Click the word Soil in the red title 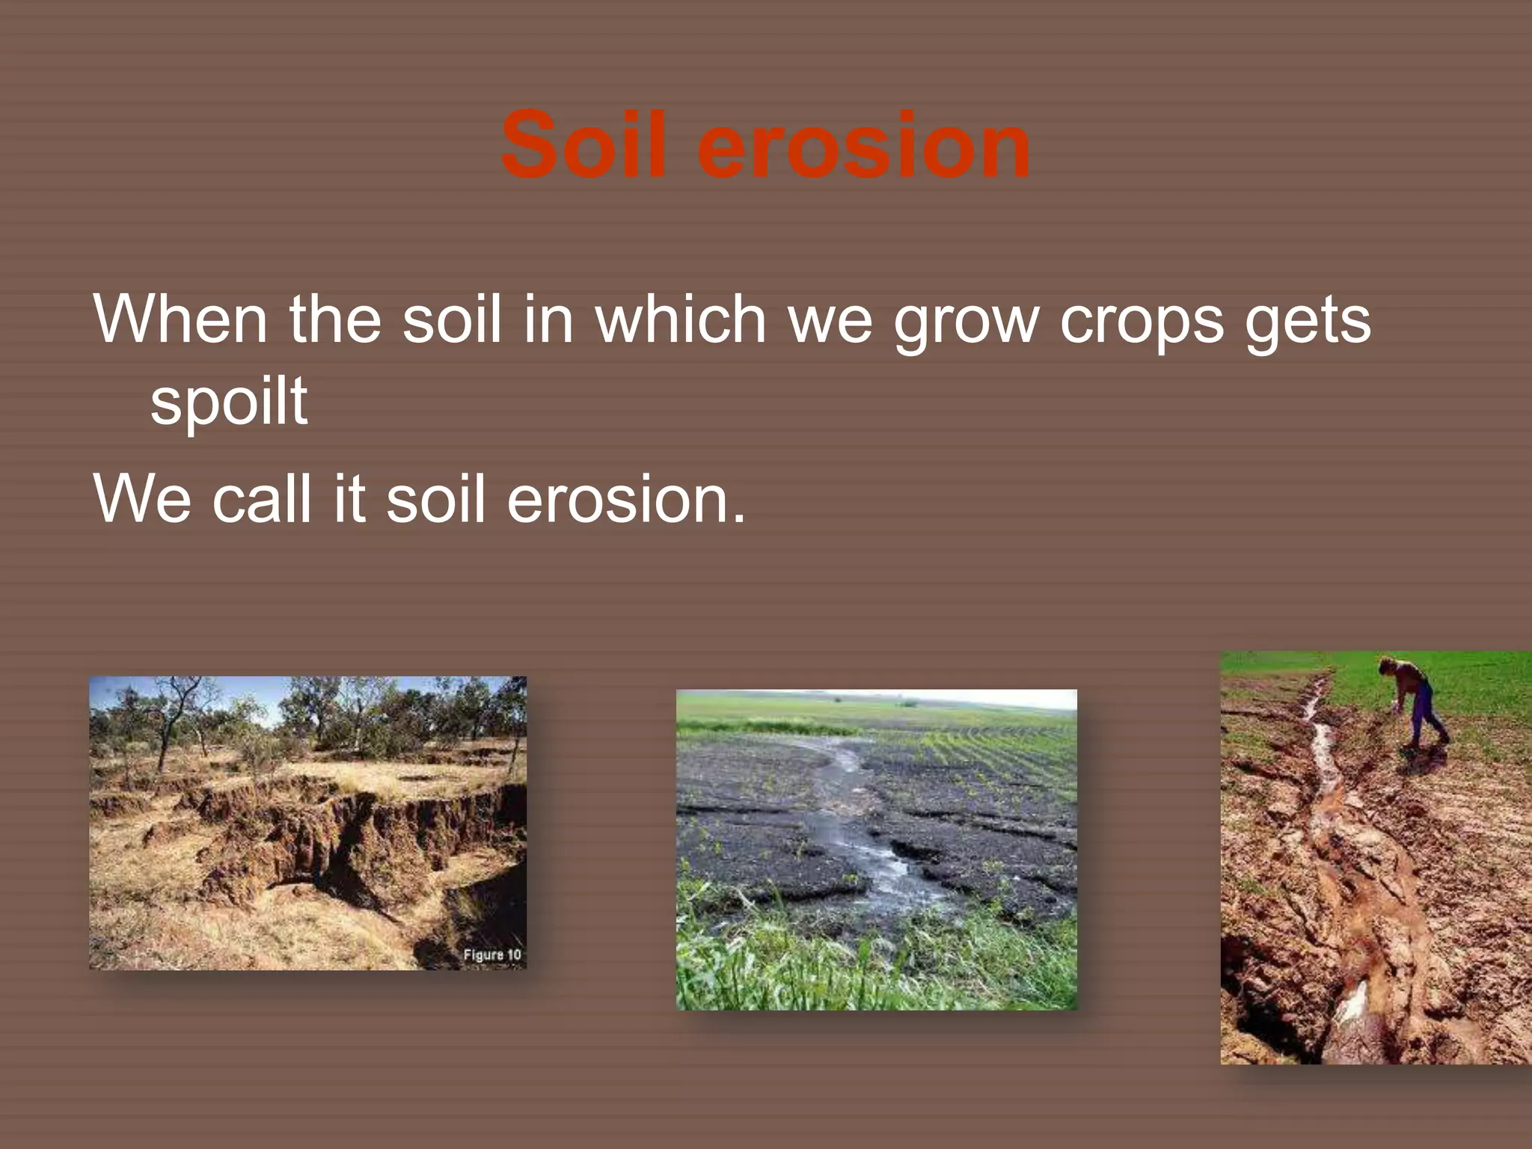[x=583, y=146]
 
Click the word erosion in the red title [x=863, y=146]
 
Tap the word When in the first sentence [x=180, y=320]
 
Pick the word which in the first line [x=680, y=320]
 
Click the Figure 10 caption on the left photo [x=491, y=955]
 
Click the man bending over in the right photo [x=1414, y=699]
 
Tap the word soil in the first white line [x=452, y=320]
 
